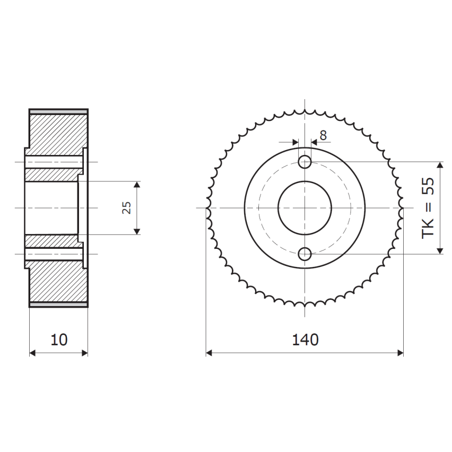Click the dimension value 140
click(x=305, y=340)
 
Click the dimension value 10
click(x=59, y=340)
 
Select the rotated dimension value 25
click(x=126, y=207)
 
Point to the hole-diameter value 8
click(x=323, y=135)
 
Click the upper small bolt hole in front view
click(x=305, y=161)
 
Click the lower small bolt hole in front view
click(x=305, y=255)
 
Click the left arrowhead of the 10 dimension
click(x=32, y=353)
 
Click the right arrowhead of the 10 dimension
click(x=84, y=353)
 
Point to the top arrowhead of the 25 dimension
click(x=137, y=185)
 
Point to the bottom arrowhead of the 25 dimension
click(x=137, y=231)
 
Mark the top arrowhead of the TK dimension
click(x=440, y=166)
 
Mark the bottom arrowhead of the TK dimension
click(x=440, y=250)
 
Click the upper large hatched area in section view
click(x=57, y=131)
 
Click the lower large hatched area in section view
click(x=57, y=284)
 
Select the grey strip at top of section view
click(x=58, y=111)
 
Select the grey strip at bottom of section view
click(x=58, y=305)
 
